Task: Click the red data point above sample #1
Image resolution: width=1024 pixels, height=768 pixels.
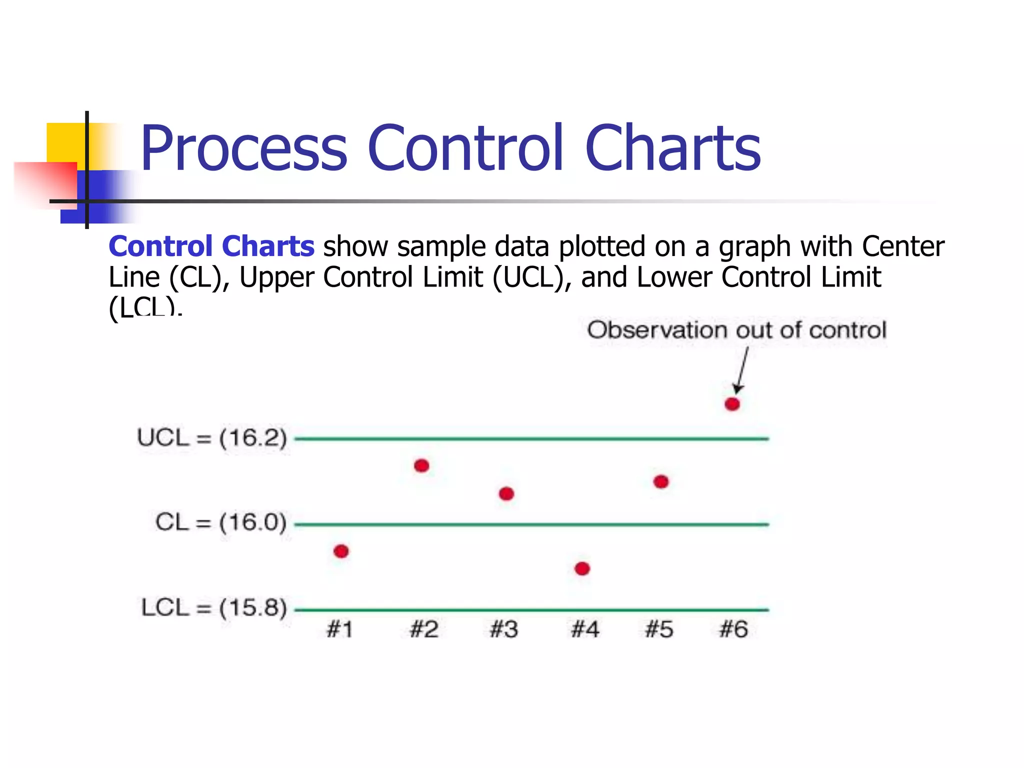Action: [341, 551]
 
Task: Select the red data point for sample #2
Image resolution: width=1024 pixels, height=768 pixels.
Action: [421, 466]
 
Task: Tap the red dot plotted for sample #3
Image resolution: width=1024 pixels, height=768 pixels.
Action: [506, 494]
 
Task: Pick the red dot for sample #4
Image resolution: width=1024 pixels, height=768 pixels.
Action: [582, 568]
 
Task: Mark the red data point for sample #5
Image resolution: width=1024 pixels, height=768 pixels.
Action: [661, 481]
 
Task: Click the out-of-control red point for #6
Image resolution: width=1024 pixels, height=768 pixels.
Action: [732, 404]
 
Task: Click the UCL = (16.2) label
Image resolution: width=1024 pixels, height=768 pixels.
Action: [212, 438]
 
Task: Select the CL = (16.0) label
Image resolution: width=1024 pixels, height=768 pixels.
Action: [220, 522]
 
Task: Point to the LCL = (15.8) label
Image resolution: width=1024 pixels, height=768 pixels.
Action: [214, 608]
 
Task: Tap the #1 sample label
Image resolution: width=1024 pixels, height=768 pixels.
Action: [340, 629]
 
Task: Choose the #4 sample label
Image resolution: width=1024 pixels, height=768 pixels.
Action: [585, 629]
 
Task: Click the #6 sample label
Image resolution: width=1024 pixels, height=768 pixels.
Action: [733, 629]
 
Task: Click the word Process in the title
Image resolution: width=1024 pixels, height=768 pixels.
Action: [243, 148]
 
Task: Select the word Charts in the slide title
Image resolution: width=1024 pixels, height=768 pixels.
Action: [672, 148]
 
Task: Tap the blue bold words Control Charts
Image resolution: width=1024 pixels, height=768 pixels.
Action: [211, 246]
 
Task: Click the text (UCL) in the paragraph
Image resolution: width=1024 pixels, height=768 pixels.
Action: [532, 277]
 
